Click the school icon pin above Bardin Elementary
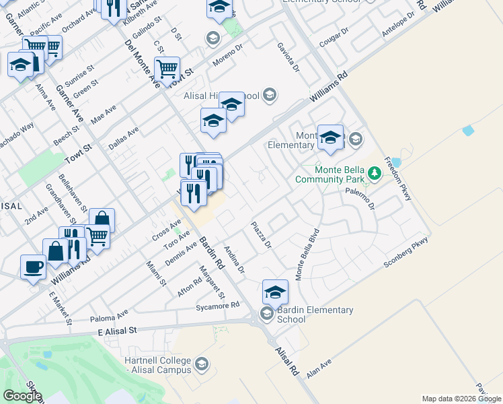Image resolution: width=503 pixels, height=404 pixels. pos(275,292)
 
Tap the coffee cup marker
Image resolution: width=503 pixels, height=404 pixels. pos(33,267)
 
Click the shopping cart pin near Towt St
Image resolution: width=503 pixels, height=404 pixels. pos(167,68)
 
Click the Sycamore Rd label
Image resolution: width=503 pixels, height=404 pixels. pos(217,306)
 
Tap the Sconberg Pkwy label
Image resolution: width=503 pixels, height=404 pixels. pos(405,252)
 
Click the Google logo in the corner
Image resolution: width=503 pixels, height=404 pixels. pos(22,396)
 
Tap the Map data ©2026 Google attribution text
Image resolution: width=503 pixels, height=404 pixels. pos(461,399)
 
